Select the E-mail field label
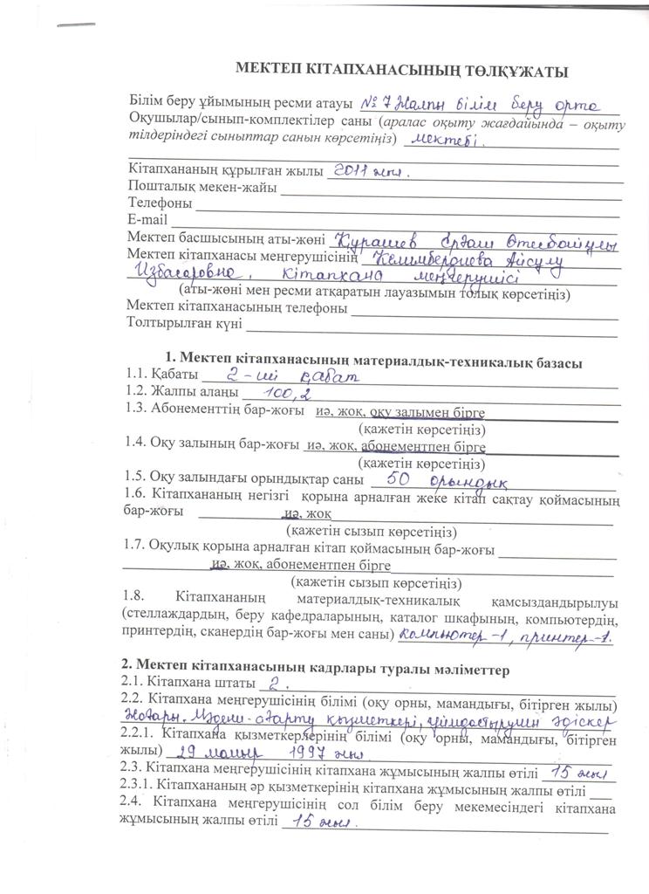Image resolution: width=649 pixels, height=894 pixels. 147,219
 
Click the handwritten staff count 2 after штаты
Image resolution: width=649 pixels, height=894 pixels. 277,682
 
